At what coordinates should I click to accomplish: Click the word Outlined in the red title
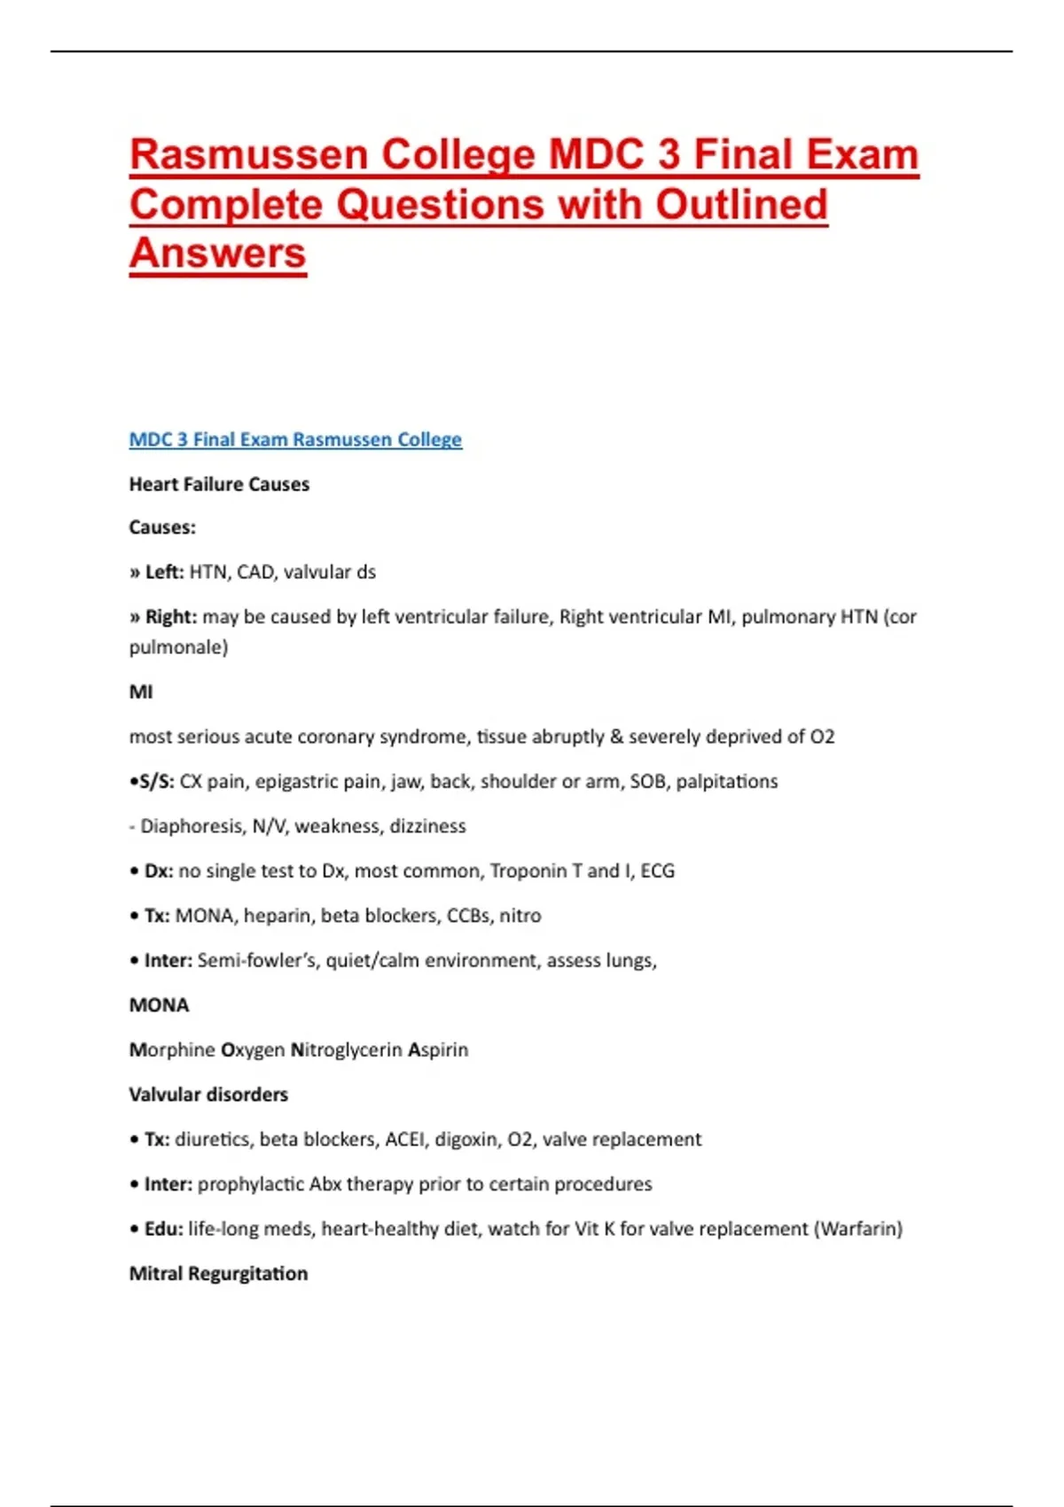(740, 205)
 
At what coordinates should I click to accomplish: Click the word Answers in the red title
(218, 254)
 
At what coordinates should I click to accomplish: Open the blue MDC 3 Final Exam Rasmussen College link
(295, 440)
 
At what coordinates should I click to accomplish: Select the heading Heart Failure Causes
(219, 484)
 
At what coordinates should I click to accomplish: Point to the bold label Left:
(164, 572)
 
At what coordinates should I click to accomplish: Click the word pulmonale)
(178, 647)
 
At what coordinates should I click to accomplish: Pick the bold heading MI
(141, 691)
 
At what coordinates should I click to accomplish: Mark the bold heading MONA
(159, 1005)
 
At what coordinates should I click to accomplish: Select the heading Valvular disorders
(208, 1095)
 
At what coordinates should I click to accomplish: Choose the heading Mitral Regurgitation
(218, 1274)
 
